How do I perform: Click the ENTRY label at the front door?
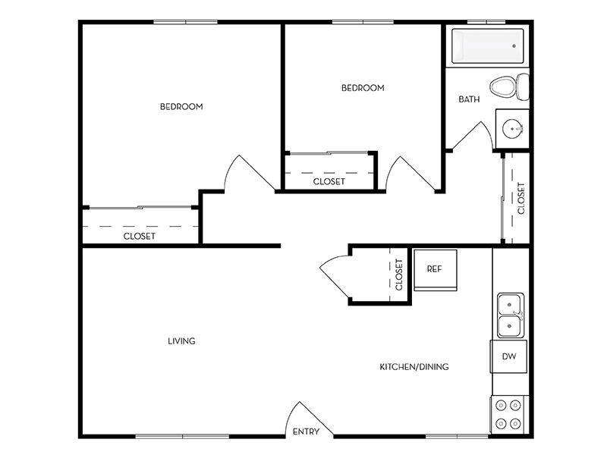(306, 431)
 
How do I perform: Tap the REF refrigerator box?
(436, 270)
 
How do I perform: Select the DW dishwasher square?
(508, 356)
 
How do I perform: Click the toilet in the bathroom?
(509, 87)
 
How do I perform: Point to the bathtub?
(488, 45)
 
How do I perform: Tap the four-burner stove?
(509, 415)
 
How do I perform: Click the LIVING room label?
(181, 341)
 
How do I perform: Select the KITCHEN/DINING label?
(414, 367)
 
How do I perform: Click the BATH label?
(469, 99)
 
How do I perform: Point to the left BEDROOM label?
(181, 106)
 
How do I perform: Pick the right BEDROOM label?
(363, 88)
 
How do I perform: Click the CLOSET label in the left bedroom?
(140, 236)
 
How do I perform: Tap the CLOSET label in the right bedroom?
(329, 181)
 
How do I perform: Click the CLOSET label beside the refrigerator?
(399, 275)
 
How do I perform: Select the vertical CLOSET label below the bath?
(521, 199)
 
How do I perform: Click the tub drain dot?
(514, 45)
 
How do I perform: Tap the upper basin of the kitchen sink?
(509, 304)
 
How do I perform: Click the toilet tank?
(523, 87)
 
